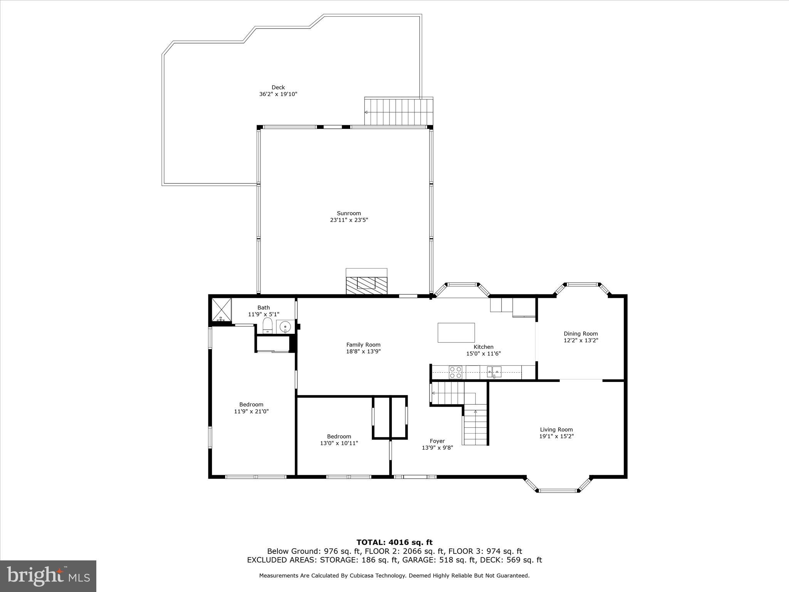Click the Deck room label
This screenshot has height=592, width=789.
pyautogui.click(x=278, y=87)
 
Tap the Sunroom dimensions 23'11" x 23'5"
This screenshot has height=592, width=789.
pyautogui.click(x=349, y=220)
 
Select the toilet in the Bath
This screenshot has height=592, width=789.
pyautogui.click(x=267, y=325)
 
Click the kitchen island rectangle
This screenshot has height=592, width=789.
pyautogui.click(x=456, y=332)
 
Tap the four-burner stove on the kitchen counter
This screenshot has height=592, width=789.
pyautogui.click(x=455, y=372)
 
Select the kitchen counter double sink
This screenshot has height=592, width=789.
pyautogui.click(x=494, y=372)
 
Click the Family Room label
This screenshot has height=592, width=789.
pyautogui.click(x=363, y=345)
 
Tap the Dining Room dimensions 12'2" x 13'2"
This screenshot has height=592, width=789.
pyautogui.click(x=581, y=340)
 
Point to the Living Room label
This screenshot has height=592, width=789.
pyautogui.click(x=556, y=429)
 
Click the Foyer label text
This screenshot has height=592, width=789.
pyautogui.click(x=437, y=441)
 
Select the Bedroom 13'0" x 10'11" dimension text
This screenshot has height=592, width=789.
pyautogui.click(x=339, y=443)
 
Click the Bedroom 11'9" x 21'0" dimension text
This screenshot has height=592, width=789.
pyautogui.click(x=251, y=411)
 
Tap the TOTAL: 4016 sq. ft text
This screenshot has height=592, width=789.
pyautogui.click(x=394, y=542)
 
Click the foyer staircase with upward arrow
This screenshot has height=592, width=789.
pyautogui.click(x=475, y=428)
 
